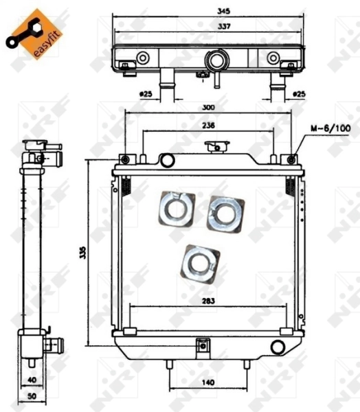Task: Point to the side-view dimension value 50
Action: tap(31, 397)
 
